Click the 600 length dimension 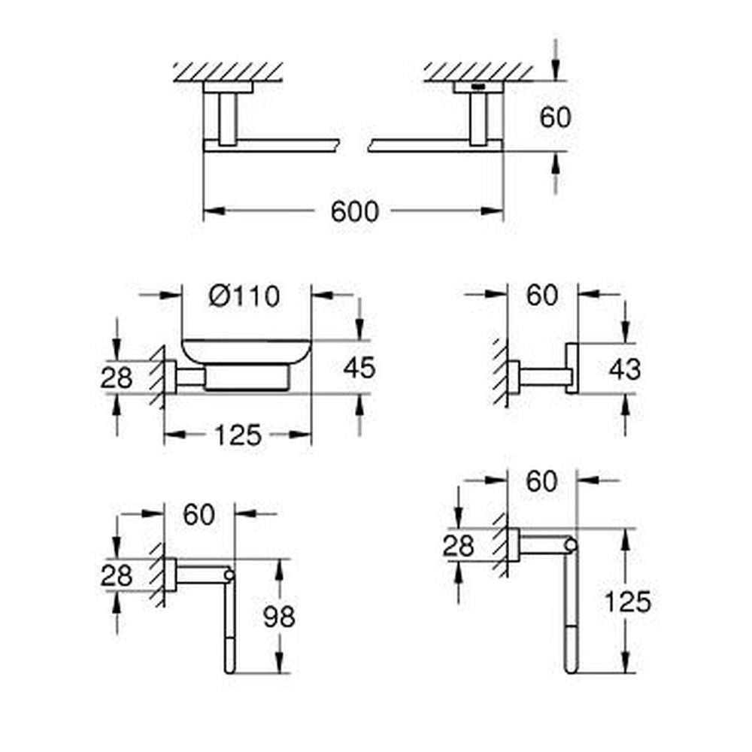tap(355, 212)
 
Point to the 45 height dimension tap(359, 368)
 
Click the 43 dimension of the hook tap(625, 368)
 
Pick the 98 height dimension tap(278, 617)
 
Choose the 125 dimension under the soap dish tap(238, 434)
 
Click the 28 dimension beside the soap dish tap(117, 378)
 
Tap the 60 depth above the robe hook tap(542, 296)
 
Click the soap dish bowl tap(246, 353)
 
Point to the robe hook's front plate tap(572, 368)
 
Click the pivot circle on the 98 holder tap(229, 576)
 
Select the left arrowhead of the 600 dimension tap(210, 212)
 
